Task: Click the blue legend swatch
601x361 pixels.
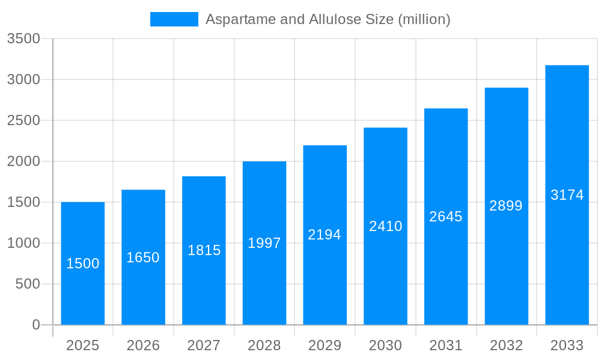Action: click(x=174, y=19)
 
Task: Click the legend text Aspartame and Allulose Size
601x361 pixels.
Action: click(x=328, y=19)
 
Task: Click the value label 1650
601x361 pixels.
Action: click(x=143, y=258)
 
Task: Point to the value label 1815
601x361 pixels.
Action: click(x=204, y=250)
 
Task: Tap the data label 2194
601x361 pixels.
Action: click(x=325, y=235)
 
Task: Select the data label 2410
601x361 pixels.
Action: click(x=385, y=226)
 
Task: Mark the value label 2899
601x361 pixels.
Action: click(x=506, y=206)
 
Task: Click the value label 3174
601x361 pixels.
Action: click(x=567, y=195)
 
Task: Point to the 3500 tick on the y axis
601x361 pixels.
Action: click(x=23, y=39)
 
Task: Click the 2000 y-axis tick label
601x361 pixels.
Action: click(x=23, y=161)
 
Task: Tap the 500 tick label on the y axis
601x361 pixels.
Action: click(x=28, y=284)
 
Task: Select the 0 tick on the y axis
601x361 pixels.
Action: click(x=35, y=325)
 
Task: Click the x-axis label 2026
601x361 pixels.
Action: click(x=143, y=345)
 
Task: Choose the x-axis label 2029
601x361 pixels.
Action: click(x=325, y=345)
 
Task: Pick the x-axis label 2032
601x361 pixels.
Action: click(x=506, y=345)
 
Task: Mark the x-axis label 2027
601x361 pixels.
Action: click(x=204, y=345)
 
